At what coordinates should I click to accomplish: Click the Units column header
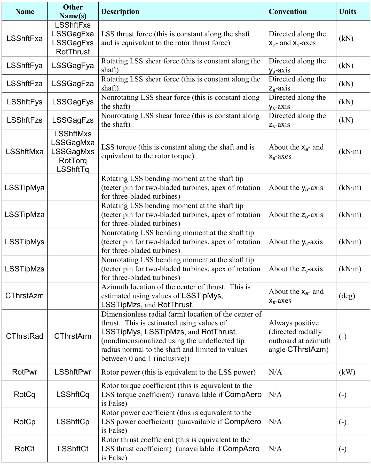(x=348, y=12)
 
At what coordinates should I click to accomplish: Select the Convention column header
(x=288, y=12)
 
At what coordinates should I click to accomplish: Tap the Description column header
(x=120, y=12)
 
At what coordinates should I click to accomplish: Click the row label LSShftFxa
(x=25, y=38)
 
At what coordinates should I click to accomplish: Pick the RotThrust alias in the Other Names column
(x=73, y=52)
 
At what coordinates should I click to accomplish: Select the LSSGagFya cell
(x=73, y=65)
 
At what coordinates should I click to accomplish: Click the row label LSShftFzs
(x=25, y=120)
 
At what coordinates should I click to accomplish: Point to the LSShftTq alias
(x=73, y=169)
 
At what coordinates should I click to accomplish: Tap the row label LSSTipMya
(x=25, y=188)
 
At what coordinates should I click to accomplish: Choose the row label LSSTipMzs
(x=25, y=269)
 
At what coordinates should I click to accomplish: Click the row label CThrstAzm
(x=25, y=296)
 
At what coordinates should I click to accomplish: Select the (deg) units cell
(x=347, y=296)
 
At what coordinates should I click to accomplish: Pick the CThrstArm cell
(x=73, y=336)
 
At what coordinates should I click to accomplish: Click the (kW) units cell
(x=347, y=372)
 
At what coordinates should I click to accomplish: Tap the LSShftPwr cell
(x=73, y=372)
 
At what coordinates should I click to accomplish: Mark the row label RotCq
(x=25, y=394)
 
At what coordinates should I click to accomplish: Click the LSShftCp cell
(x=73, y=422)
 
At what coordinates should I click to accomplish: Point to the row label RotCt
(x=25, y=449)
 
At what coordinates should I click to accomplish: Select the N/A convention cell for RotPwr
(x=275, y=372)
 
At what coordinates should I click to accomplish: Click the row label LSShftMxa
(x=25, y=152)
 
